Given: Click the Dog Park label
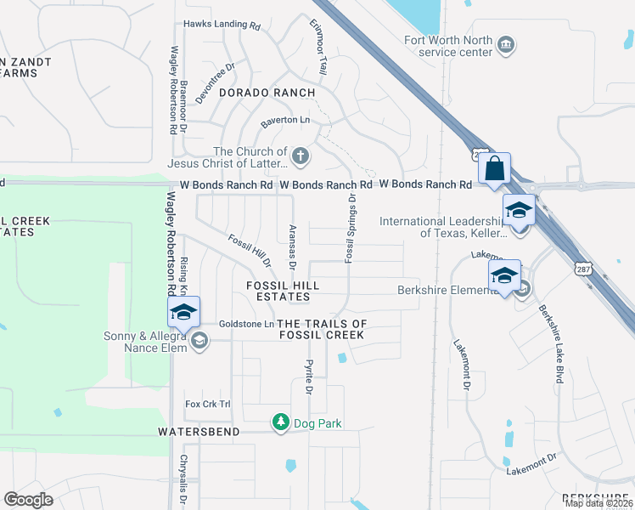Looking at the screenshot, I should [x=317, y=422].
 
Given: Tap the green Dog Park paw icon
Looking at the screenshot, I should [x=280, y=422].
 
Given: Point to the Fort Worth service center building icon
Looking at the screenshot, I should [x=506, y=44].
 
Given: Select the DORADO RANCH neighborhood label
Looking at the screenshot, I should [x=267, y=92].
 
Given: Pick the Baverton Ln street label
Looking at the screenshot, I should [x=285, y=122].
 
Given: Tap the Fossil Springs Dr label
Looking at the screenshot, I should [x=349, y=227].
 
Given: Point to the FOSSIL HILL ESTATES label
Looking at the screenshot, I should [x=278, y=292].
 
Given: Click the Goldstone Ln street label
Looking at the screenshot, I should [x=246, y=324].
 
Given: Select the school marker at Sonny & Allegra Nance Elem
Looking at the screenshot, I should [x=183, y=311].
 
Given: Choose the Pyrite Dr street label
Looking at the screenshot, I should [x=309, y=377].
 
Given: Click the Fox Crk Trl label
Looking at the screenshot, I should [x=208, y=404].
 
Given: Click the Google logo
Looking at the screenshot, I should [x=29, y=500].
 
